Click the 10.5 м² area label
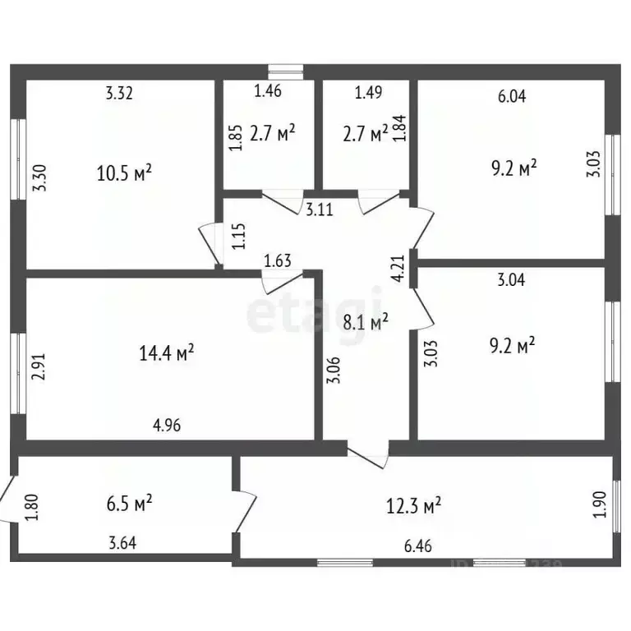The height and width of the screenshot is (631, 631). click(124, 173)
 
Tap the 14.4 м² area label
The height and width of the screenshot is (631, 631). click(167, 352)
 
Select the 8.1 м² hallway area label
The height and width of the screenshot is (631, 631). click(366, 321)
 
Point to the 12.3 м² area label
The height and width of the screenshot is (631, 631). click(414, 505)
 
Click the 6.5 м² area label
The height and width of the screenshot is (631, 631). click(129, 503)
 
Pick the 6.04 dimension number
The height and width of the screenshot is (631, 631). click(512, 97)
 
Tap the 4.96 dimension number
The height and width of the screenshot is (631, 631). click(167, 425)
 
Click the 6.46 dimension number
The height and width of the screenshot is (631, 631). click(418, 546)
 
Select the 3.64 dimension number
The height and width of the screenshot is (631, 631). click(122, 543)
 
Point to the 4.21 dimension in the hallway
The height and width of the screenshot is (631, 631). click(398, 269)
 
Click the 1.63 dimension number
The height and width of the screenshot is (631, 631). click(278, 260)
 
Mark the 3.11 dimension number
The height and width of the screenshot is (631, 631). click(320, 210)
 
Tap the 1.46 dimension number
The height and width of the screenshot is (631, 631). click(268, 91)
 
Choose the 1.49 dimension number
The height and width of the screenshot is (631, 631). click(368, 93)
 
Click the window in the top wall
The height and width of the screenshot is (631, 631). click(286, 72)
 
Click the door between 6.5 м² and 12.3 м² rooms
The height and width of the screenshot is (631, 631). click(245, 511)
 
